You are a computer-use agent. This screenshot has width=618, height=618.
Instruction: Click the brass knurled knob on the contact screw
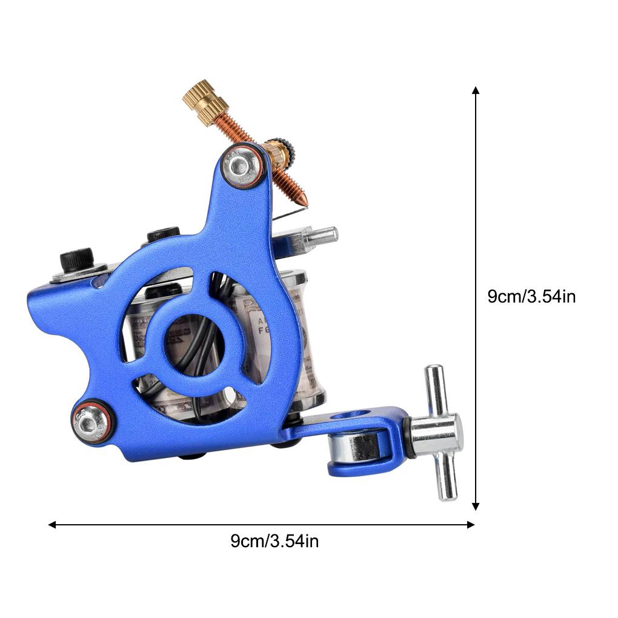(205, 102)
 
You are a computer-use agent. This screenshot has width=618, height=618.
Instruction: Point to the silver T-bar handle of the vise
(440, 433)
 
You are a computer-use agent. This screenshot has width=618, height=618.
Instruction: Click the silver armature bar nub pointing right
(322, 236)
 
